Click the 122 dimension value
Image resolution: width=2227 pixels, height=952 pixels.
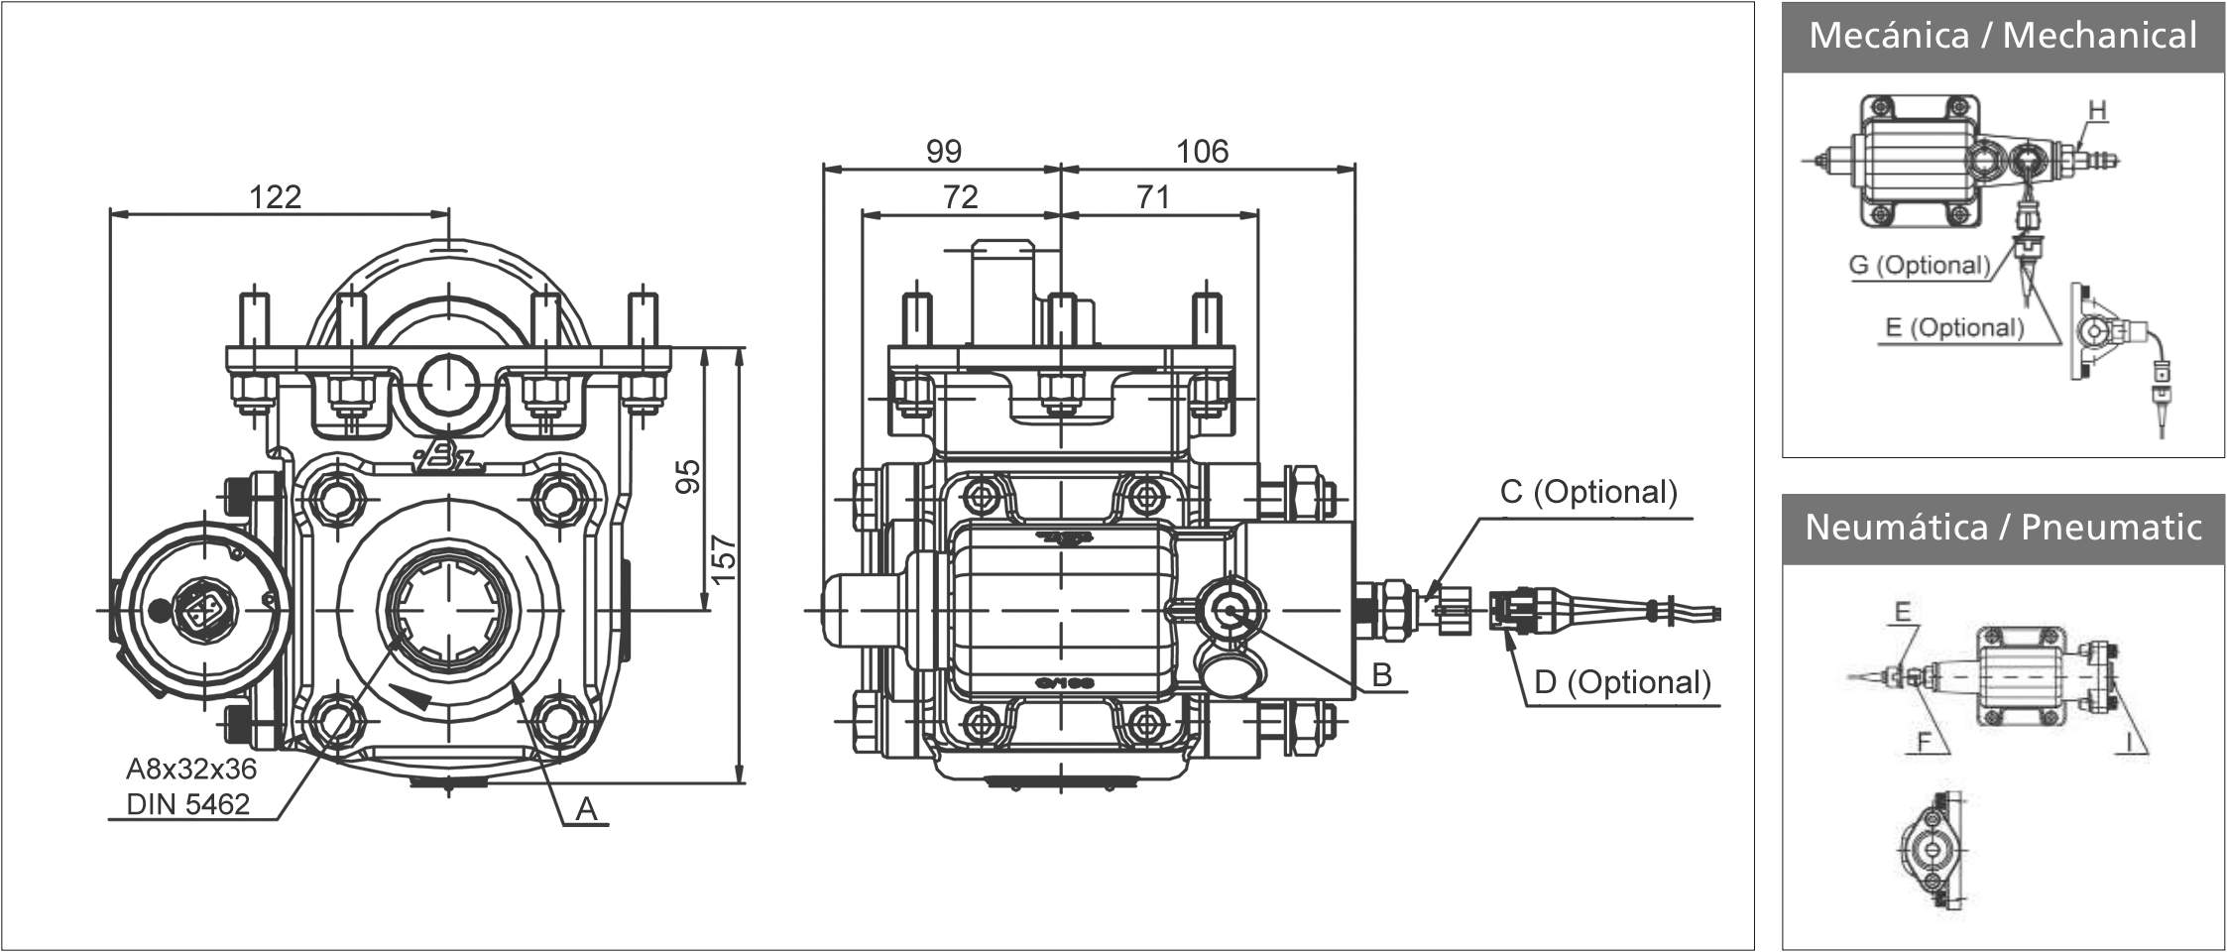[275, 196]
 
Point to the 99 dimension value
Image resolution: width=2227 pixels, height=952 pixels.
[943, 151]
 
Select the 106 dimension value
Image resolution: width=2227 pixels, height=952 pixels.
[1202, 151]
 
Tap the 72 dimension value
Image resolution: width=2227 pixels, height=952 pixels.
[960, 196]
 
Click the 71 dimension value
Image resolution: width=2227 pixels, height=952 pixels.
[1153, 196]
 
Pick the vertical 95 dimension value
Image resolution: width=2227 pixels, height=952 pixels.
[688, 475]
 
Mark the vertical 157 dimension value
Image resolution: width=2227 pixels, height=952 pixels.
[724, 559]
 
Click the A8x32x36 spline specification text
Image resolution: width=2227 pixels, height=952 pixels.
[191, 769]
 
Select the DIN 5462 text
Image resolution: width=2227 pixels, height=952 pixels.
[188, 804]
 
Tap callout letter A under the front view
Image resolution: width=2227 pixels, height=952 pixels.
[587, 809]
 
